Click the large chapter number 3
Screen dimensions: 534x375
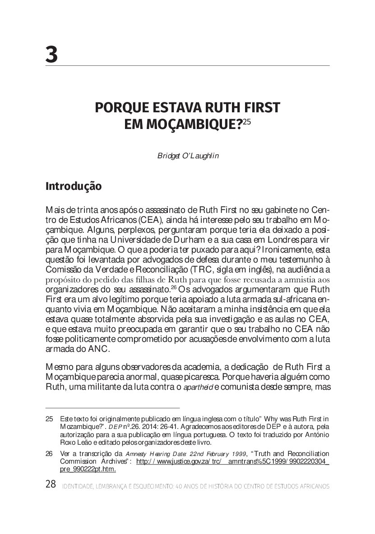(x=52, y=55)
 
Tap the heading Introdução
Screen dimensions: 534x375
(x=74, y=186)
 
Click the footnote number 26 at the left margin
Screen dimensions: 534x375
(x=50, y=453)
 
